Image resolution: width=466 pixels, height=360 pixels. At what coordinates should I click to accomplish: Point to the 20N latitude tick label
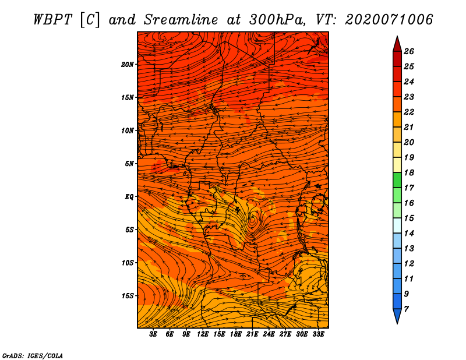128,64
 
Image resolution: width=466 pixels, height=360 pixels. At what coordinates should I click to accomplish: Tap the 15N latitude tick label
128,97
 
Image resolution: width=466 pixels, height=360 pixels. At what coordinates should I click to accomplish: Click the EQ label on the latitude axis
129,196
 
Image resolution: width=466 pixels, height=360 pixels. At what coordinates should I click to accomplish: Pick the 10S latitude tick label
128,263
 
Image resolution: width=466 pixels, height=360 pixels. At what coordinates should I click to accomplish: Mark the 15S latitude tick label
128,296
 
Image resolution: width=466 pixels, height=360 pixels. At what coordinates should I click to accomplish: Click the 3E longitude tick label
154,334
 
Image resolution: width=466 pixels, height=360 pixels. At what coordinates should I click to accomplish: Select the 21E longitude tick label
252,334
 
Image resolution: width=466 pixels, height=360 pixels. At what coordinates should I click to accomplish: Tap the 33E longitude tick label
318,334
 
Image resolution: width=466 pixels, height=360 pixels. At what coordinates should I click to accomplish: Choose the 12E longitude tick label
203,334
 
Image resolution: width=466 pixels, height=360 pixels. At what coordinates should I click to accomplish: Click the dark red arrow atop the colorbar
397,43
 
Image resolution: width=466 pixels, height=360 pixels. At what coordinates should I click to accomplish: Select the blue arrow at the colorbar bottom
397,316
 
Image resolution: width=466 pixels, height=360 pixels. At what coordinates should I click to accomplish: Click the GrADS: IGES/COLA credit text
32,355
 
